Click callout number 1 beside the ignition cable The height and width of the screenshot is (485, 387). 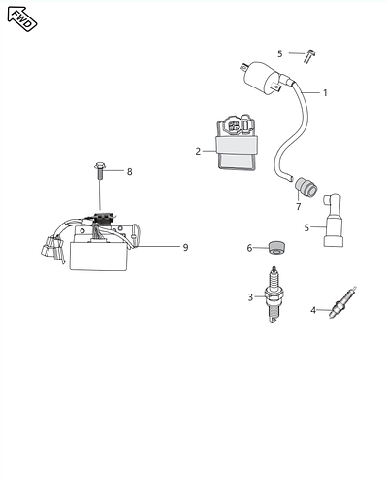click(325, 93)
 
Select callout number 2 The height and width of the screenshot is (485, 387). click(198, 151)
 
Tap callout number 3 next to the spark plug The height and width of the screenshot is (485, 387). click(250, 296)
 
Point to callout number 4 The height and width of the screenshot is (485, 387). click(313, 310)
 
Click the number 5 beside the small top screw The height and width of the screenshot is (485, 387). click(280, 53)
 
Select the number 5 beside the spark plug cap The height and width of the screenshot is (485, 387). click(307, 227)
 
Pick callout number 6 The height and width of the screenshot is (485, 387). click(249, 248)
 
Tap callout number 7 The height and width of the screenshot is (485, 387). click(298, 206)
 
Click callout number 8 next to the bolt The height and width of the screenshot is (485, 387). click(129, 172)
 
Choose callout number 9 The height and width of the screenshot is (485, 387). click(185, 247)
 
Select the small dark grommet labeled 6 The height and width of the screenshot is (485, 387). click(274, 247)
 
